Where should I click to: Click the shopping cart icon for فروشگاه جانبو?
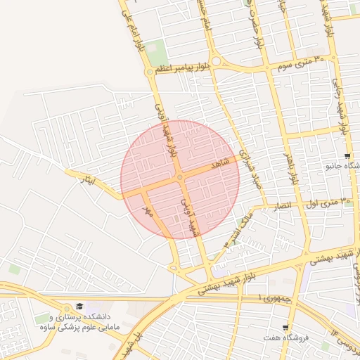click(x=347, y=156)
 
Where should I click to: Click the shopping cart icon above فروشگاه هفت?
click(x=285, y=328)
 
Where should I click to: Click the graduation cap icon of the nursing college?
click(x=79, y=307)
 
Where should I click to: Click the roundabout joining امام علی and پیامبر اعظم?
click(x=149, y=72)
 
